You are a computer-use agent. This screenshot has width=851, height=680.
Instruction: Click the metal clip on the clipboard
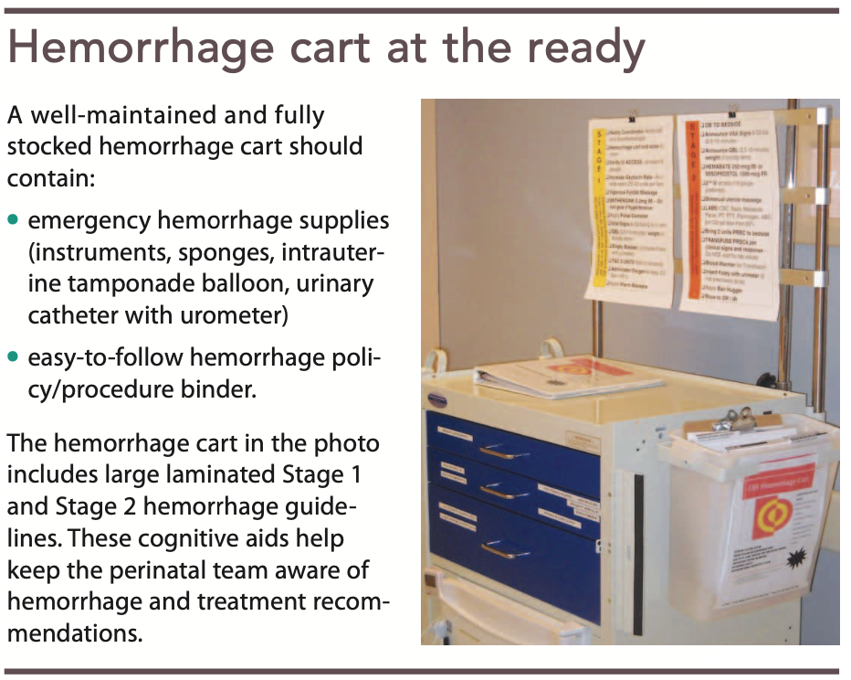pos(738,421)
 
